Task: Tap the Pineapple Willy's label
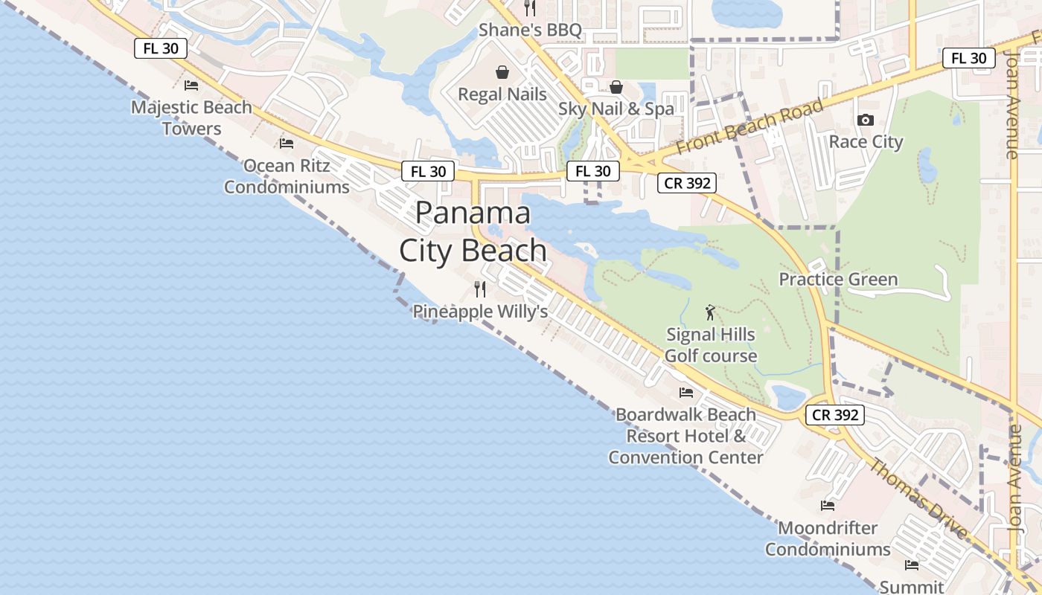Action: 480,312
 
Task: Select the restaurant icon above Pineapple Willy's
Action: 480,289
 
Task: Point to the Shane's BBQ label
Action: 530,30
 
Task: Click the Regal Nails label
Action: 502,94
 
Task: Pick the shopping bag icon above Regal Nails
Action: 502,72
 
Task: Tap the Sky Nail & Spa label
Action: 616,109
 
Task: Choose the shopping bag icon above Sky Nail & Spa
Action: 616,87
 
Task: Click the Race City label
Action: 866,141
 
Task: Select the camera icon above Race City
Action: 865,120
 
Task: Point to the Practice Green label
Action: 838,280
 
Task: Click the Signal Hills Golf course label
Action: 711,345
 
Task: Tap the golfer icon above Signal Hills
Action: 710,312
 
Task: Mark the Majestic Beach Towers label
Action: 191,118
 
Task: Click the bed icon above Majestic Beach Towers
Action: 191,86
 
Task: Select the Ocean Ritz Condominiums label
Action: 287,176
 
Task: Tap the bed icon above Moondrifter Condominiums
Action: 828,506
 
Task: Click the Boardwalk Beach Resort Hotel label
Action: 685,436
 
